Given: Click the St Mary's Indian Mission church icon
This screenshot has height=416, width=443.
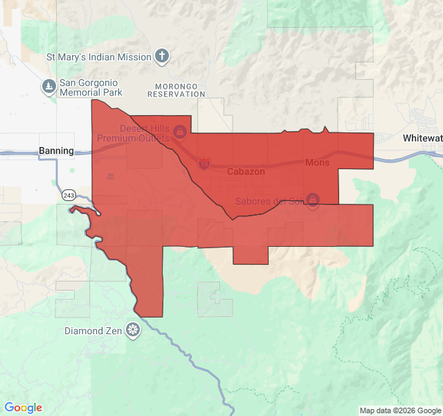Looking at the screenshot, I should click(162, 56).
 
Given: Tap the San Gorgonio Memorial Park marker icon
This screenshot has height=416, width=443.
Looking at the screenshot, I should click(48, 86).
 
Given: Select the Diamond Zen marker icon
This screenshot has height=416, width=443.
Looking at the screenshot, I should click(132, 331).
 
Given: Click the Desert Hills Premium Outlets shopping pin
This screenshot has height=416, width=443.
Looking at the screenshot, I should click(179, 131).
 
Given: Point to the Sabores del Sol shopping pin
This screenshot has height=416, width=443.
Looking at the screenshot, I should click(313, 200).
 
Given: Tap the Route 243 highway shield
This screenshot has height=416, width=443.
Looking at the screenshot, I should click(67, 195).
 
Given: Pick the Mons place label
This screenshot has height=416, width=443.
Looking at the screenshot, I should click(317, 163).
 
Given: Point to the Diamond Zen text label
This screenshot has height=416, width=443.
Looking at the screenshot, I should click(93, 331).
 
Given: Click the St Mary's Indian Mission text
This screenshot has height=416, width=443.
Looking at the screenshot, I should click(98, 57).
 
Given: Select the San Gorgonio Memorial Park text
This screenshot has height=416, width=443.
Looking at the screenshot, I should click(91, 87).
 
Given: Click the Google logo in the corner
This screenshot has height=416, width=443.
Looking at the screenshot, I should click(23, 408).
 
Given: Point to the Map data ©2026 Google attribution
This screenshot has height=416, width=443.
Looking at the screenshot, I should click(400, 410).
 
